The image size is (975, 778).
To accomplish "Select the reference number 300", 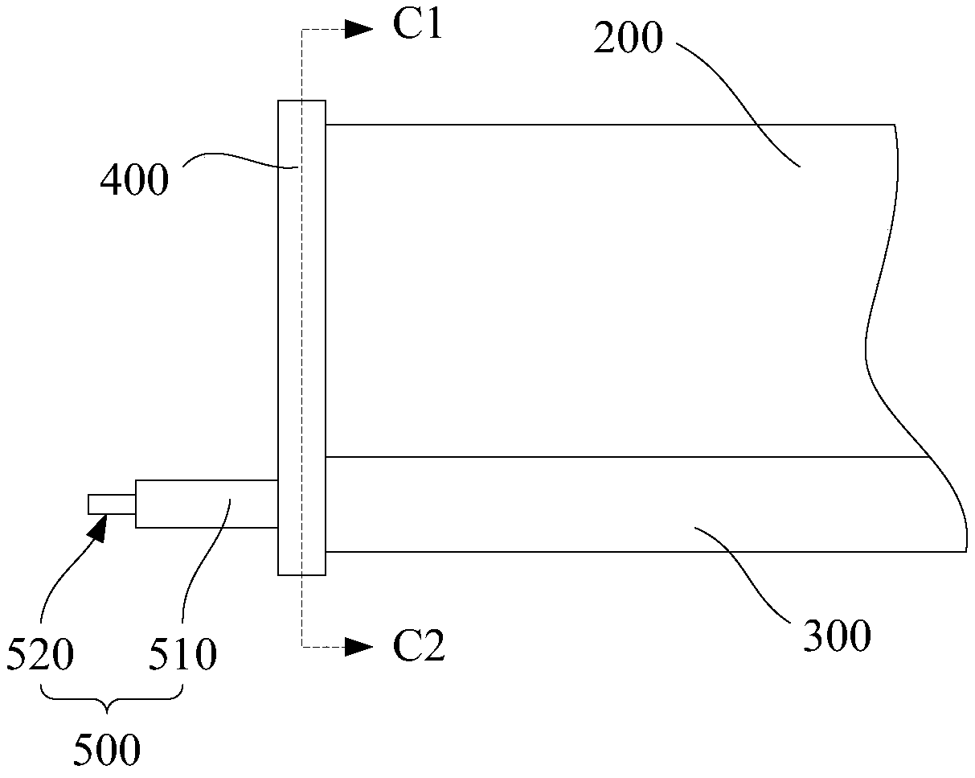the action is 837,636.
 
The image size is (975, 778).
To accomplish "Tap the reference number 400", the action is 134,180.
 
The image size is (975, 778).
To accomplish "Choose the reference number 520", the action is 40,657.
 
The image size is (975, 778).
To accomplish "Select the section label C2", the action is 419,647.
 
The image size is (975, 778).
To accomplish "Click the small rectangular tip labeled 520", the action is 111,504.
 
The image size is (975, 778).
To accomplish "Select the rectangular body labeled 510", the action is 207,504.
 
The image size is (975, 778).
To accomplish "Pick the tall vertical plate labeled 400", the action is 301,338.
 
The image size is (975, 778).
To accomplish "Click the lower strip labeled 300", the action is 627,504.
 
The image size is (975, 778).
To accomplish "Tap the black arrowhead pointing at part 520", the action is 98,526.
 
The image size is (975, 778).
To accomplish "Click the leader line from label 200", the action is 739,97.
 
